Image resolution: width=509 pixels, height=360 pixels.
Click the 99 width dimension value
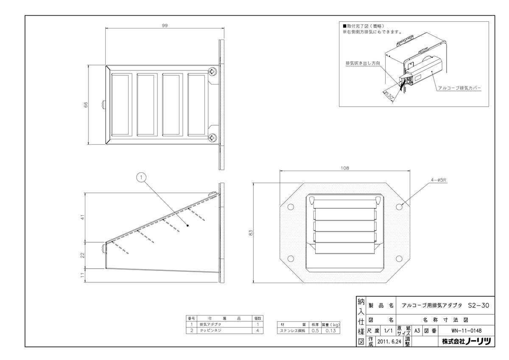coord(165,26)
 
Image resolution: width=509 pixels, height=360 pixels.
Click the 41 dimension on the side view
coord(84,217)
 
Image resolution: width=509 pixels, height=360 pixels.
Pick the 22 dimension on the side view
coord(84,255)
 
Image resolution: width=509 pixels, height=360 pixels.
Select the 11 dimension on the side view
coord(84,275)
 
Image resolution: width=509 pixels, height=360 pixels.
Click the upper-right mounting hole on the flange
coord(400,207)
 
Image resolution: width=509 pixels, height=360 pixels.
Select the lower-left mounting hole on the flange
coord(291,259)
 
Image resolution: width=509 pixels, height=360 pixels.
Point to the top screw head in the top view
coord(212,72)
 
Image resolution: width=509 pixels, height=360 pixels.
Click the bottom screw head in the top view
coord(212,137)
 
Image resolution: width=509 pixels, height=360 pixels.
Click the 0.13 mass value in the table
coord(330,330)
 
